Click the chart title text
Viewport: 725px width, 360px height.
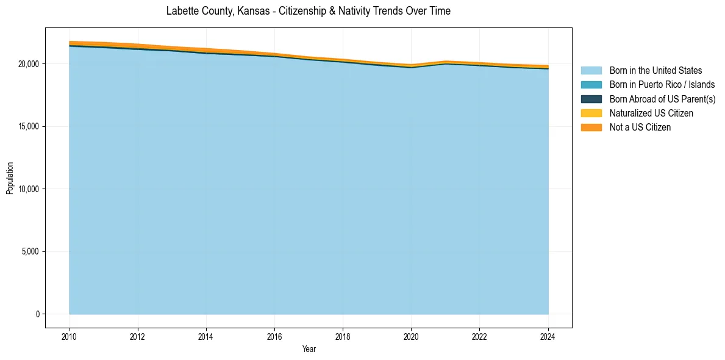pyautogui.click(x=309, y=11)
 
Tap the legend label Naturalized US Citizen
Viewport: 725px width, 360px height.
pyautogui.click(x=651, y=113)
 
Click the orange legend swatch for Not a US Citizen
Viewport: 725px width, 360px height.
pyautogui.click(x=591, y=128)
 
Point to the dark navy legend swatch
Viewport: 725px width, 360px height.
pyautogui.click(x=591, y=99)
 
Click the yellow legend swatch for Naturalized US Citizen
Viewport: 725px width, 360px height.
pyautogui.click(x=591, y=113)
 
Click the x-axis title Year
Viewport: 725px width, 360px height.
pyautogui.click(x=309, y=349)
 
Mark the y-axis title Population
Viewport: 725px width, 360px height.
pyautogui.click(x=10, y=178)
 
